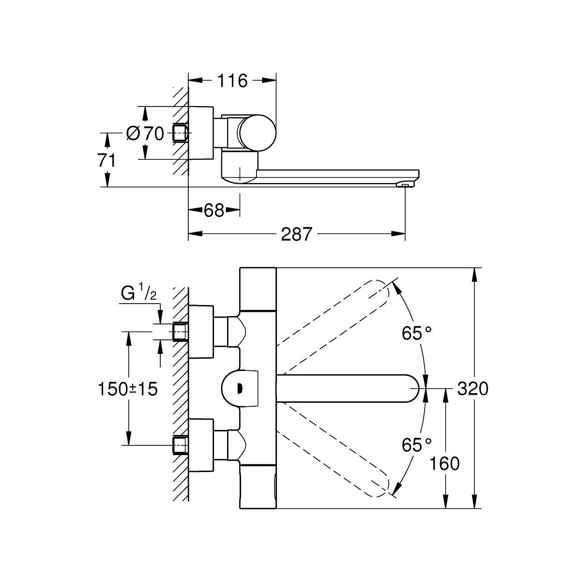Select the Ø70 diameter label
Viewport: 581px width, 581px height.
point(145,133)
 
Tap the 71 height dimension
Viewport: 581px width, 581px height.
point(107,160)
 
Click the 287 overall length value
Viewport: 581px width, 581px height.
point(296,234)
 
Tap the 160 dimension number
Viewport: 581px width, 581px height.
point(444,464)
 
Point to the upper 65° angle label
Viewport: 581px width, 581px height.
point(416,333)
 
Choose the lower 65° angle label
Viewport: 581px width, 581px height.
point(416,443)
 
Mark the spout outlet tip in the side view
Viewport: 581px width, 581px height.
point(405,184)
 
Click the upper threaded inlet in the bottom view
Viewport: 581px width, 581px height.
point(180,332)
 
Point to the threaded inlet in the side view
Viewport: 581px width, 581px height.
point(180,132)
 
